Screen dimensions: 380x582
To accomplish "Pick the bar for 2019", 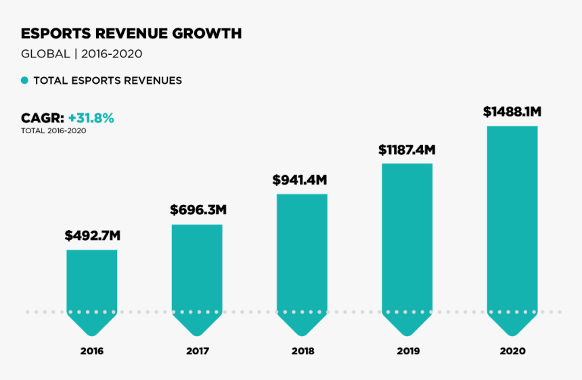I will (x=407, y=243).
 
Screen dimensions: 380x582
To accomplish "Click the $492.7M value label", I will (x=92, y=236).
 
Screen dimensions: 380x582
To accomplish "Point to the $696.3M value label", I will (x=198, y=210).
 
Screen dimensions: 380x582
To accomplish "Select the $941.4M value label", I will (x=300, y=180).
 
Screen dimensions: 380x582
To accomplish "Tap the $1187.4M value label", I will (x=406, y=149).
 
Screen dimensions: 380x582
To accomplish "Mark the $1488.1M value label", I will (x=512, y=112).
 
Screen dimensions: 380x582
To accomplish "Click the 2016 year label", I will (x=91, y=352).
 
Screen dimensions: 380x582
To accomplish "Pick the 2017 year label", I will (x=197, y=352).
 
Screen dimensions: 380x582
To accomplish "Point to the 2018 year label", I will (x=303, y=352).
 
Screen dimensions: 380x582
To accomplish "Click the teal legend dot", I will (x=24, y=80).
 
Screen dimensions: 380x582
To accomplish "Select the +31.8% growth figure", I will (x=91, y=118).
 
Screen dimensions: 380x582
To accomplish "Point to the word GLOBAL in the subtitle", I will (x=45, y=53).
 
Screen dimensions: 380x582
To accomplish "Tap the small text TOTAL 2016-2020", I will (x=53, y=130).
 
